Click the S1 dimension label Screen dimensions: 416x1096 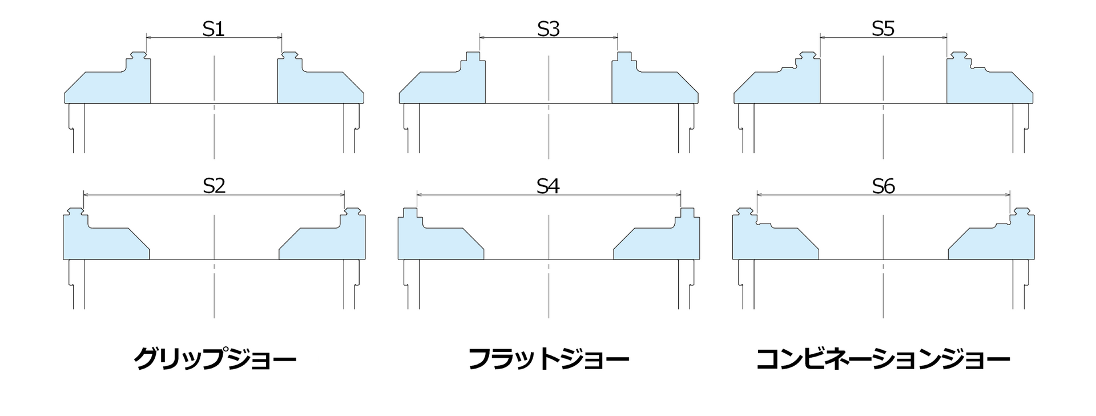(x=213, y=29)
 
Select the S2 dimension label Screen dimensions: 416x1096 (x=214, y=185)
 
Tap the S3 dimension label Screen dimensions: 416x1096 (x=548, y=29)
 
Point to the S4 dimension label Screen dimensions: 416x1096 (x=548, y=185)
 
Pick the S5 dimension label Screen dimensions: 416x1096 (x=883, y=29)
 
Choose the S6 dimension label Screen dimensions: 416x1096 (x=883, y=185)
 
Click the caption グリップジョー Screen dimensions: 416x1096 (x=215, y=359)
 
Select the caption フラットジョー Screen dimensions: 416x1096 (x=549, y=359)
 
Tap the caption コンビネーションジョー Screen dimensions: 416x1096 (x=883, y=359)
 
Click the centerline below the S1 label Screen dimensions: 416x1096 (x=214, y=114)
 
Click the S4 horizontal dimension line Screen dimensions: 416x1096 (x=485, y=195)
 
